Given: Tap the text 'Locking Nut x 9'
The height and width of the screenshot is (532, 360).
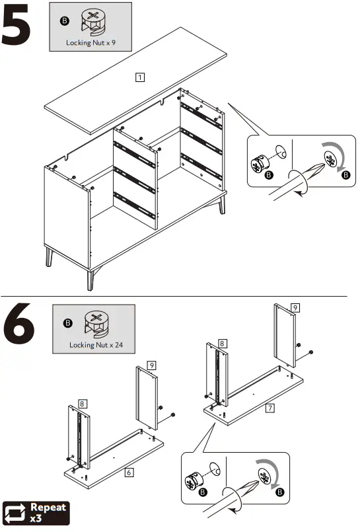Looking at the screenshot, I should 91,43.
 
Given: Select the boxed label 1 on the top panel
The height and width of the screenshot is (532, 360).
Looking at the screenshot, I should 140,77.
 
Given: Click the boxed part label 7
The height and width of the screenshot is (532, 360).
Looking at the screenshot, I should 270,408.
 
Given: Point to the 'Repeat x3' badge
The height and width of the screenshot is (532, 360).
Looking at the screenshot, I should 37,513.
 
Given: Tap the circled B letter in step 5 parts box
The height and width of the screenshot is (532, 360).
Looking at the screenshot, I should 64,21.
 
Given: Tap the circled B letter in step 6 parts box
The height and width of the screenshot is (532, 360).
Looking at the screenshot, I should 67,323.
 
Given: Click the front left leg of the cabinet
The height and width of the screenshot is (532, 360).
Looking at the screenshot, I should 50,256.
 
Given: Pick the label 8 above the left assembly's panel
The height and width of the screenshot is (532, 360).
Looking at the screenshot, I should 83,402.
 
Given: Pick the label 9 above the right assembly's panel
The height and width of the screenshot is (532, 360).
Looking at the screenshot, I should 295,307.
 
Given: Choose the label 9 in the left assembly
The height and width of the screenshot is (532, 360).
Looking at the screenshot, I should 151,365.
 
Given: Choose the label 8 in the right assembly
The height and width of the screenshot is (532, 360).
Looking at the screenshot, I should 223,344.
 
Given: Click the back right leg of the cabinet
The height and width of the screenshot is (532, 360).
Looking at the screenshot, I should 222,204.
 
